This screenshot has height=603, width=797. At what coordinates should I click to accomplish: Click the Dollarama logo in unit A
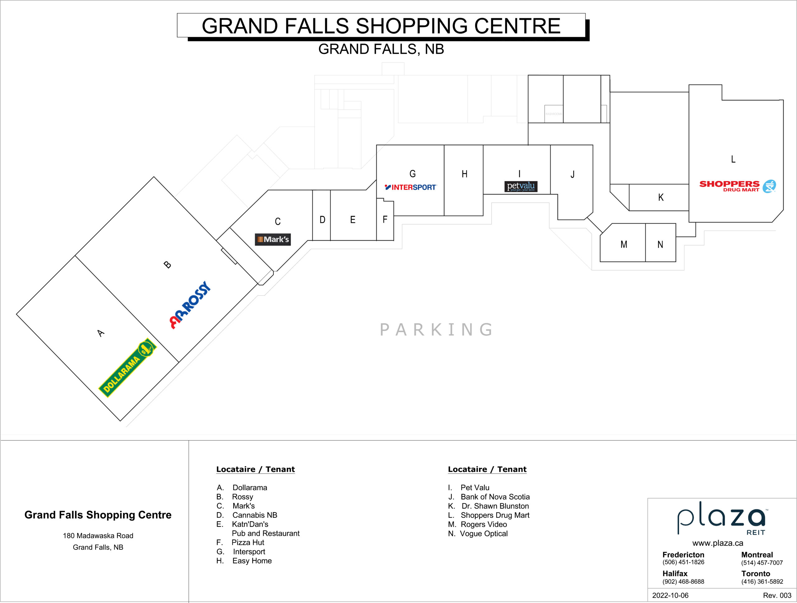click(128, 367)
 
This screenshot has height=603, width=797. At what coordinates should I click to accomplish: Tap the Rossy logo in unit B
click(190, 305)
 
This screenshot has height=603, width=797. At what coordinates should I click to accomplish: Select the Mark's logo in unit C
click(273, 239)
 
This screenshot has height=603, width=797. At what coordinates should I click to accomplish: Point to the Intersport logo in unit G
click(411, 187)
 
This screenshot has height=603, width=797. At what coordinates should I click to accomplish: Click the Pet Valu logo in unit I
click(521, 186)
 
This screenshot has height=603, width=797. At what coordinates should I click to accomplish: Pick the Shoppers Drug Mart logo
click(738, 186)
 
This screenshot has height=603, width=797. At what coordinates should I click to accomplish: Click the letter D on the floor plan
click(323, 220)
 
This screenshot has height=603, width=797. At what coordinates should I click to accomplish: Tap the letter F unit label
click(385, 219)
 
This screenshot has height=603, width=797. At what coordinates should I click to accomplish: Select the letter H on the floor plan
click(465, 174)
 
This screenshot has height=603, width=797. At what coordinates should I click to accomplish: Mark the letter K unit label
click(661, 197)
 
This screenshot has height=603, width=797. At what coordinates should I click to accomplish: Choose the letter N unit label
click(660, 245)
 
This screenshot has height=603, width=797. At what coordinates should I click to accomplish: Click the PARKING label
click(436, 330)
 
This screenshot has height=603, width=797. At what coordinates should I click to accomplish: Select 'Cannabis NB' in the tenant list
click(255, 515)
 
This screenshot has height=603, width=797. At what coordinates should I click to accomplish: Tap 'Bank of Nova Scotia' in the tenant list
click(495, 497)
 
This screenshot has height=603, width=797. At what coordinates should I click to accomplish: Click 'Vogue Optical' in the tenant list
click(483, 534)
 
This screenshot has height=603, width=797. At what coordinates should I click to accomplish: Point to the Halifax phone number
click(683, 582)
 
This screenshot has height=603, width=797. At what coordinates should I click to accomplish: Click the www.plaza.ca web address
click(718, 543)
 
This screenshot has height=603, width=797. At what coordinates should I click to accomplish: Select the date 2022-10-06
click(670, 596)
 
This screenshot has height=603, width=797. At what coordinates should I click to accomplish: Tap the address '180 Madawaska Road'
click(98, 536)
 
